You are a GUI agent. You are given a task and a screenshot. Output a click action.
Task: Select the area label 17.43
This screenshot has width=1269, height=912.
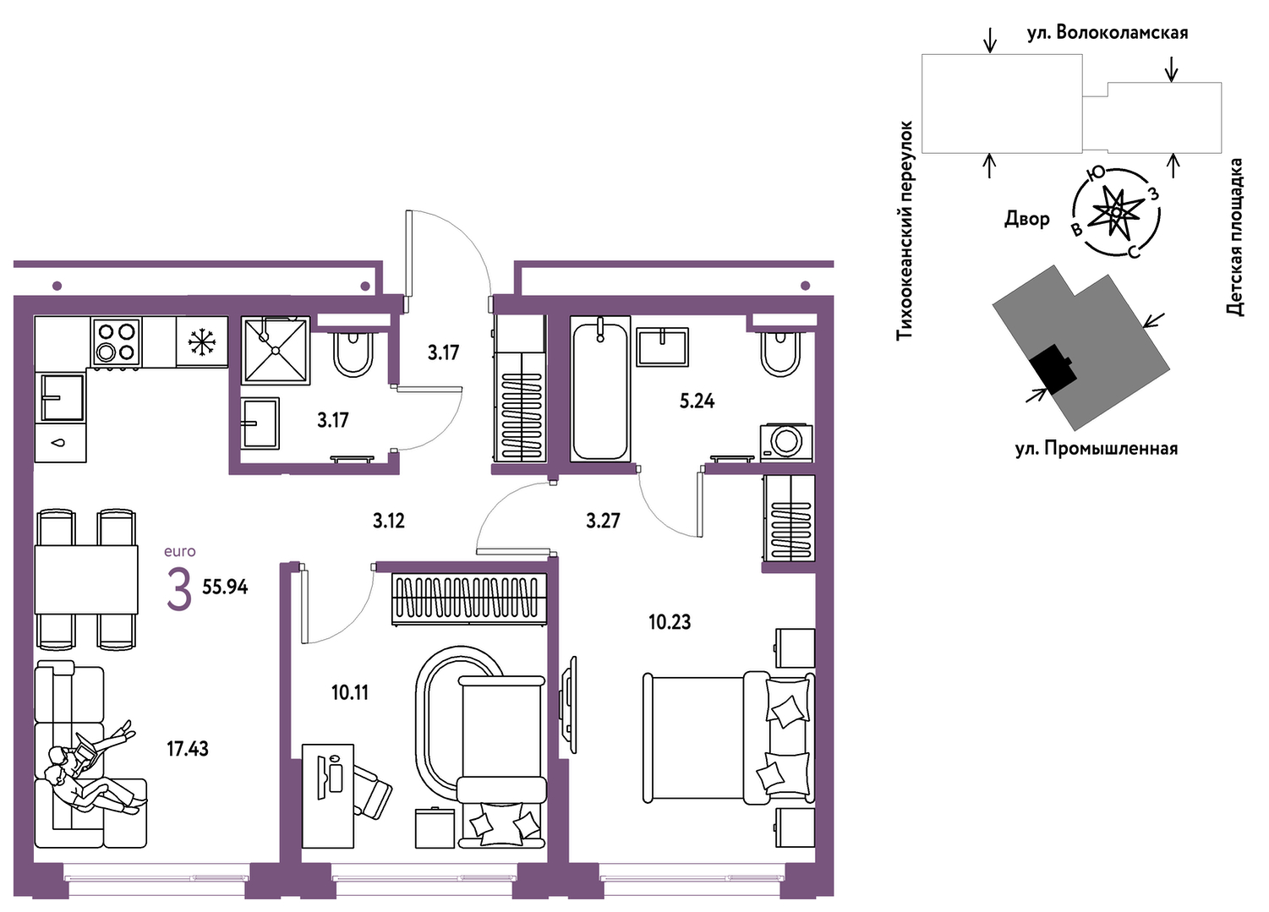188,749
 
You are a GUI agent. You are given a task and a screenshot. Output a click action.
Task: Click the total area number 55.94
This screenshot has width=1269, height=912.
225,587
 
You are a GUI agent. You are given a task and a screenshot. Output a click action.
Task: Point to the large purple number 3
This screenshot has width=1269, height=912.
179,589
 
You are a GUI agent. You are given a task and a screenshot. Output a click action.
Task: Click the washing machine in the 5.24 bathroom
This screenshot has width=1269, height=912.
786,442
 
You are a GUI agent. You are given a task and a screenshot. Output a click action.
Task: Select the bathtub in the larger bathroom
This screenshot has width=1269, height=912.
600,389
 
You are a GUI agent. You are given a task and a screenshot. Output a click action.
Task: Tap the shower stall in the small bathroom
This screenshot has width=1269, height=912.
276,351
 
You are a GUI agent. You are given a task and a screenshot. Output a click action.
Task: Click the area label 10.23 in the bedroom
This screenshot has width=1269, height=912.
670,623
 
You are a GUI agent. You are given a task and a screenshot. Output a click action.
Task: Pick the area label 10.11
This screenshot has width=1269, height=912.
350,692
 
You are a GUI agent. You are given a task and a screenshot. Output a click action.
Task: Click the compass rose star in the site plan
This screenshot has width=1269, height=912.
1115,212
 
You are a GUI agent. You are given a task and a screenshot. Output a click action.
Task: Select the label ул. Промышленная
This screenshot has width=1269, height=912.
1097,449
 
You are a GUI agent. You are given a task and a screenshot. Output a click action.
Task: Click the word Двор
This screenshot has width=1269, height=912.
1027,218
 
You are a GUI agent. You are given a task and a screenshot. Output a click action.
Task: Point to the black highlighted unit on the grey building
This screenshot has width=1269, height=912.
1053,369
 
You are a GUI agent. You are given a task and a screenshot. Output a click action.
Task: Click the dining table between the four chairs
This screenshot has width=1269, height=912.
86,579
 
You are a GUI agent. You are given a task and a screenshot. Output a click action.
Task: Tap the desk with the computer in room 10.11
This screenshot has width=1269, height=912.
328,795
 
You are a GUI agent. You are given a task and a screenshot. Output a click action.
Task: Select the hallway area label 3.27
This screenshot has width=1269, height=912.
603,521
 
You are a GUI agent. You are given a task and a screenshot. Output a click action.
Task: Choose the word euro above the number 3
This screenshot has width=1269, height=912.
179,551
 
